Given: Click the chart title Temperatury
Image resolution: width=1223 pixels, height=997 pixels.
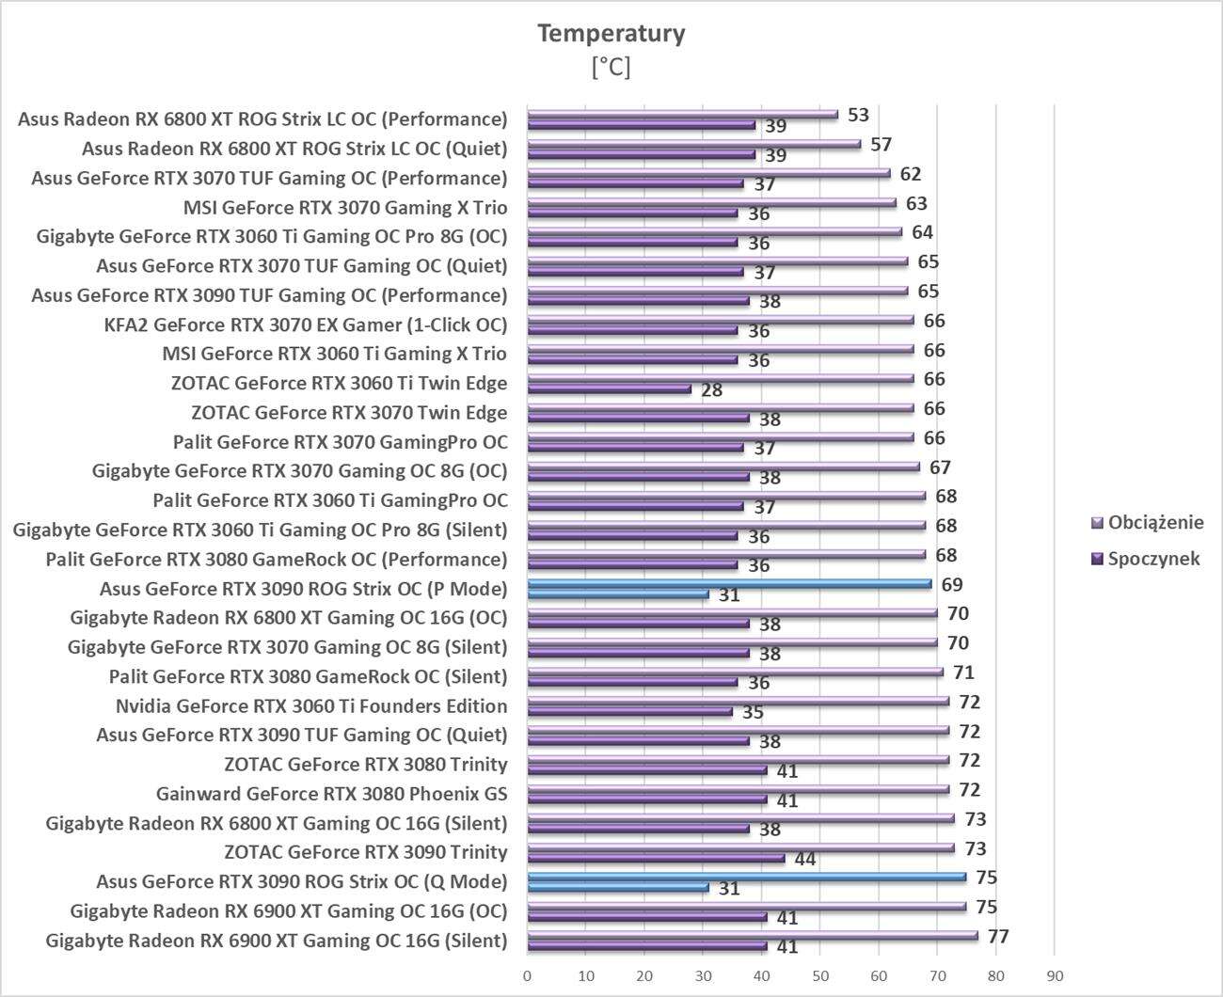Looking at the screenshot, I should (x=611, y=34).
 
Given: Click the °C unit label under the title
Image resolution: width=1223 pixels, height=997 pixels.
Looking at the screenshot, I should (x=611, y=67).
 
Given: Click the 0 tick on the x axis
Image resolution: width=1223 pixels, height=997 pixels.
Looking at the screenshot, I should (x=528, y=976).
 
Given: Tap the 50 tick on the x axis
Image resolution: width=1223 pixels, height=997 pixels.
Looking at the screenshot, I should (x=820, y=976).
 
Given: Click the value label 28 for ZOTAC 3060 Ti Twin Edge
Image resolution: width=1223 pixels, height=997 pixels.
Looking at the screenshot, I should (x=711, y=389).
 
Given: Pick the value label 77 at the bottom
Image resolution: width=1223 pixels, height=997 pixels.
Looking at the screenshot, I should (x=998, y=937).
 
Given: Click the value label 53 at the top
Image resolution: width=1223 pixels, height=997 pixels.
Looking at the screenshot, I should (x=858, y=115).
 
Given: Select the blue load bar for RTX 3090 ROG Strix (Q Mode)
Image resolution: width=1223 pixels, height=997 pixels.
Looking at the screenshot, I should (x=747, y=877).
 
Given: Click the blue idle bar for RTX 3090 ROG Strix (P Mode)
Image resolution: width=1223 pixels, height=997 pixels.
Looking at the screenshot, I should (x=618, y=593).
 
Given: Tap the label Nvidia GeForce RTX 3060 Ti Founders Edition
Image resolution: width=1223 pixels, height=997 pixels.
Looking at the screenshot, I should (x=311, y=706).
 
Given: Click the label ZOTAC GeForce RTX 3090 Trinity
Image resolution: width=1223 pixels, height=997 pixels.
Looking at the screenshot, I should (x=366, y=852).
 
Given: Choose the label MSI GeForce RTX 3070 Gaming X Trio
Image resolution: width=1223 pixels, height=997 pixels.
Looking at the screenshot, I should (x=345, y=207).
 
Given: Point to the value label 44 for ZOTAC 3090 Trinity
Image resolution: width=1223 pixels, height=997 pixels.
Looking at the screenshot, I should (x=805, y=859).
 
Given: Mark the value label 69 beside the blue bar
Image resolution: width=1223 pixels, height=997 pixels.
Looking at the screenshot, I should (x=952, y=584).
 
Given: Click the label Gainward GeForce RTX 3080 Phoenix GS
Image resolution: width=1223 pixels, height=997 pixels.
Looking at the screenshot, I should (x=331, y=794).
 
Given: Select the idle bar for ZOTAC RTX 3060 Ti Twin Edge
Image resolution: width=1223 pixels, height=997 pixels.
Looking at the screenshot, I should (x=610, y=388).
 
